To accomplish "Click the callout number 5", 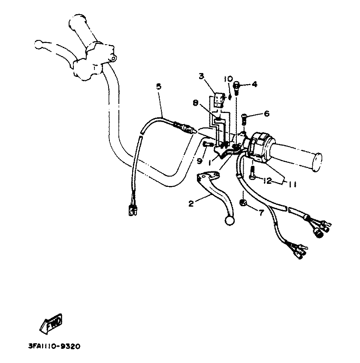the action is tap(159, 87).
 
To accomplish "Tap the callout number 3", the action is tap(201, 76).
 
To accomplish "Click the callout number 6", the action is tap(266, 113).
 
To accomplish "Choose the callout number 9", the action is tap(200, 161).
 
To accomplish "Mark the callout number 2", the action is tap(191, 204).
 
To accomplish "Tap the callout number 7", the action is tap(260, 212).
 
